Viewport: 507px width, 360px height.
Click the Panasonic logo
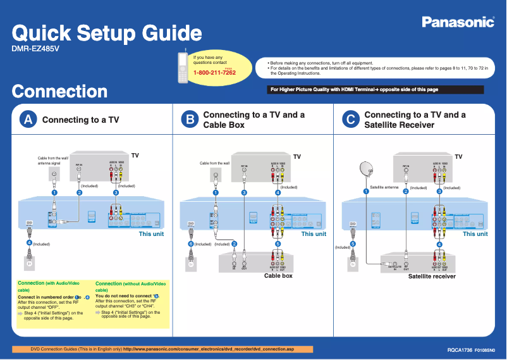click(458, 23)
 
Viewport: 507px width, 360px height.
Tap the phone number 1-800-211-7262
click(214, 73)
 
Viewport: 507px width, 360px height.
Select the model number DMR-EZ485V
click(35, 49)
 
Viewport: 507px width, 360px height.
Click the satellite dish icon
click(366, 169)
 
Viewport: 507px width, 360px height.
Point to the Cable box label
click(278, 276)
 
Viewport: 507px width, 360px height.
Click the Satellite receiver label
click(432, 276)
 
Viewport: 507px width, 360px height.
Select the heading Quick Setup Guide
click(107, 32)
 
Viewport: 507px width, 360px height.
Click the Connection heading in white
click(60, 91)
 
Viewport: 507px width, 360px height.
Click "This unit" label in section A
click(151, 234)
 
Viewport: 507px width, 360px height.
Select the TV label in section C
click(458, 156)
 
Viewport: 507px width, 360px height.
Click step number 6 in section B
click(190, 244)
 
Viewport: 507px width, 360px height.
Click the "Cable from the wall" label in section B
click(214, 163)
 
